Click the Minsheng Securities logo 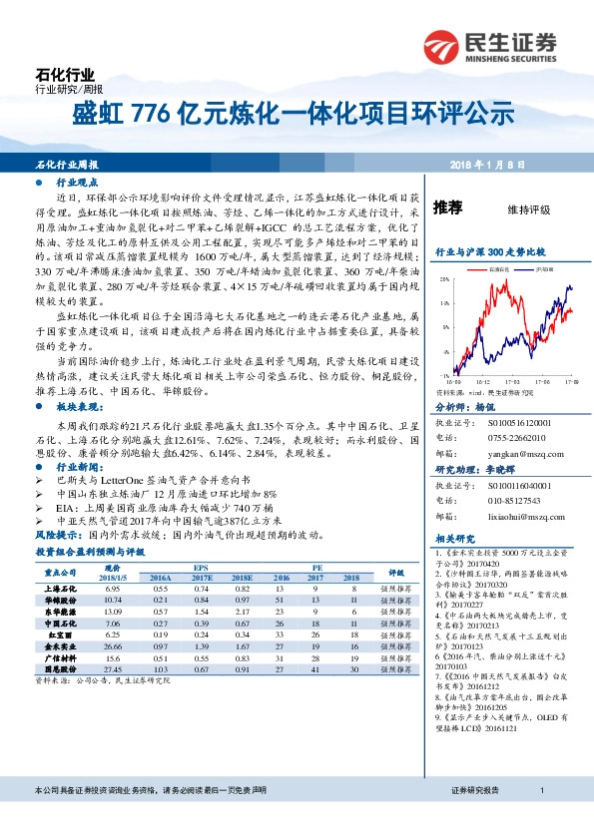click(500, 46)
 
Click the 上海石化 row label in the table click(62, 590)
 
